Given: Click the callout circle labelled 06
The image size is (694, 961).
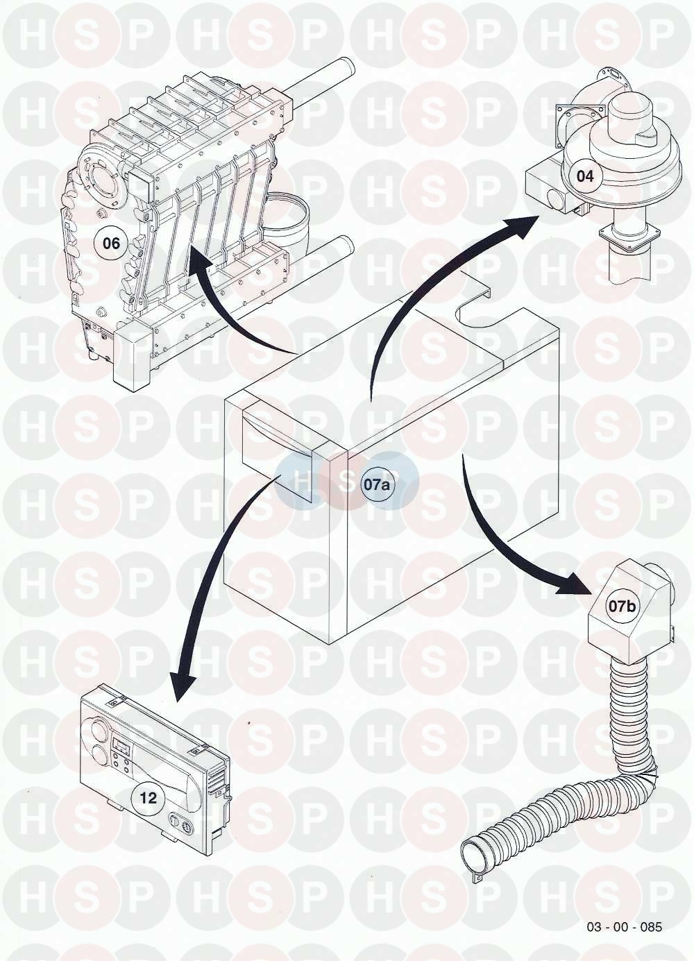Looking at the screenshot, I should coord(111,244).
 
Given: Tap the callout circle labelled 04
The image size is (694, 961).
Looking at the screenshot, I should coord(585,176).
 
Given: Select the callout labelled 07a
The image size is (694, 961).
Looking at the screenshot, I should coord(378,485).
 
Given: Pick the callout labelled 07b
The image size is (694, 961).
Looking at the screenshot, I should coord(622,606).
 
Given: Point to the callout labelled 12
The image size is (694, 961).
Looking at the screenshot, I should coord(148,798).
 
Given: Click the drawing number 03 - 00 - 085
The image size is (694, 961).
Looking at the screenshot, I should coord(625,927).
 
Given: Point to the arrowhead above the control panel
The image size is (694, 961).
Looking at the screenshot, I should coord(183,683).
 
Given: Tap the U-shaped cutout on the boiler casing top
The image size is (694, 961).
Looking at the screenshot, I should coord(479,309).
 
